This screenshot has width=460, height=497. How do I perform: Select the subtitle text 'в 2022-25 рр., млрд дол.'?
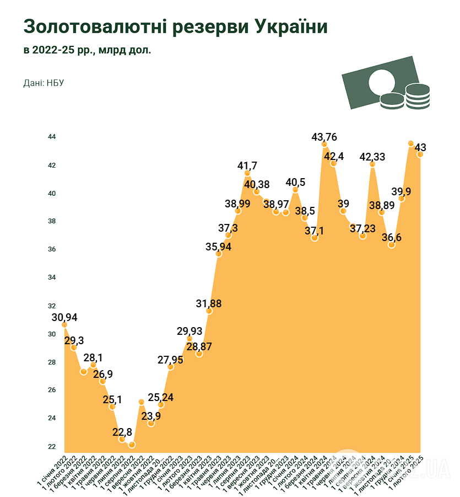[x=87, y=51]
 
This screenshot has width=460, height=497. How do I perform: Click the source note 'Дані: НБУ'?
[x=44, y=83]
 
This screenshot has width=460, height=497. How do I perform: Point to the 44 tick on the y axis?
[x=51, y=137]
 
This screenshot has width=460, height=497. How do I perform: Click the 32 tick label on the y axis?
[x=51, y=306]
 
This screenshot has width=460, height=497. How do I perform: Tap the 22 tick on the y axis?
[x=51, y=446]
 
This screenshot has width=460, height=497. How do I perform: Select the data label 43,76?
[x=324, y=136]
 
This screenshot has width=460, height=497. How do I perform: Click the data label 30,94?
[x=64, y=317]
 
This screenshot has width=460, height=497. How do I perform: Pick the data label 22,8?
[x=122, y=431]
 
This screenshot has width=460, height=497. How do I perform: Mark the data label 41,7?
[x=247, y=165]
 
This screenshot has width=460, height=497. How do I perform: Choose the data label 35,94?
[x=219, y=247]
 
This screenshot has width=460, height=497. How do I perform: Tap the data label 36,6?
[x=392, y=237]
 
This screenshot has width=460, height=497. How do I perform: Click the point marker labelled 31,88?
[x=209, y=311]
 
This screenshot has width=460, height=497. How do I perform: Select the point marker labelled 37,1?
[x=315, y=238]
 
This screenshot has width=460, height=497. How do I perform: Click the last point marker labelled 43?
[x=420, y=154]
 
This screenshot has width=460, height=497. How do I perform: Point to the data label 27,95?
[x=171, y=360]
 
